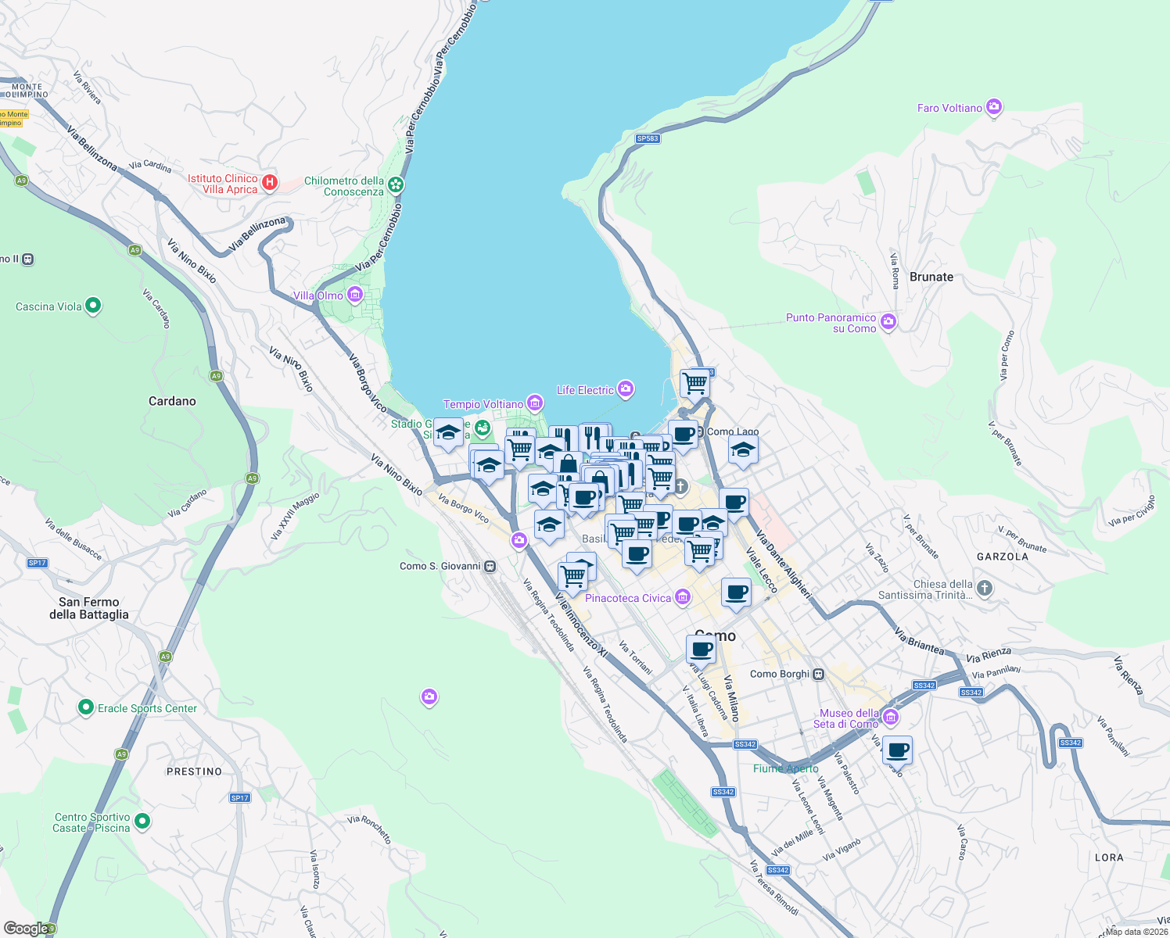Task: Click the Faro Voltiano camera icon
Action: (994, 107)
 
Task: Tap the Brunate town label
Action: (931, 277)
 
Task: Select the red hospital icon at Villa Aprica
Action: (270, 183)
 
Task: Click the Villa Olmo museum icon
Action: (355, 295)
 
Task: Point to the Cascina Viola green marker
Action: (93, 306)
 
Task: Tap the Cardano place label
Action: (172, 401)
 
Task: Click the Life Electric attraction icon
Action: (625, 388)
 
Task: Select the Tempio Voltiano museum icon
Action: (535, 403)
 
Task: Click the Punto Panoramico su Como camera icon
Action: (888, 322)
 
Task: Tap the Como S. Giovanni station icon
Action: (490, 566)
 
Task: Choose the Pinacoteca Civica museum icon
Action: (683, 597)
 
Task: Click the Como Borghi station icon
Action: (819, 674)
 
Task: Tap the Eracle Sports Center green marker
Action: (86, 707)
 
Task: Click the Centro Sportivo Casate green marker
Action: (142, 821)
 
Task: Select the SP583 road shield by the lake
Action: (648, 138)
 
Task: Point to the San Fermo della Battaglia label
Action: (88, 608)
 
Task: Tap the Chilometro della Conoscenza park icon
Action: (397, 184)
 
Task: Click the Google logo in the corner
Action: (27, 929)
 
